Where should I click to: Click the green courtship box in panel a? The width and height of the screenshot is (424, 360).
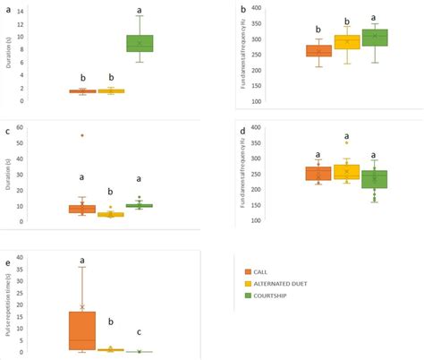click(140, 43)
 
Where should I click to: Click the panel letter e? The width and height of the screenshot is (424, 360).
click(8, 263)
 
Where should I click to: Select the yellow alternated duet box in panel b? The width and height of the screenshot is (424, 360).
click(347, 42)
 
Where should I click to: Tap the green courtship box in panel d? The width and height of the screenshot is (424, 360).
click(375, 179)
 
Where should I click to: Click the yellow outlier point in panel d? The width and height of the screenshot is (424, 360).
click(347, 142)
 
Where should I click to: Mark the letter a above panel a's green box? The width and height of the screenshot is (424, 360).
click(139, 11)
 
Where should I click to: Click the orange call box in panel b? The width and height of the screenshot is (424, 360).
click(318, 51)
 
